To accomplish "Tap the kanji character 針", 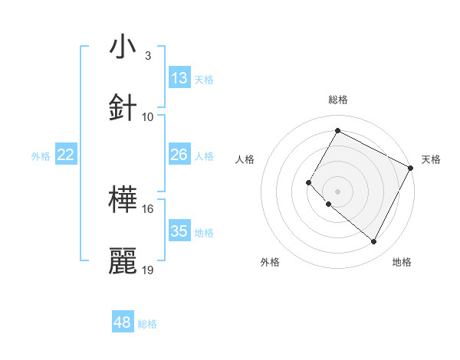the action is point(123,108).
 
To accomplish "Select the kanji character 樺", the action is point(123,200).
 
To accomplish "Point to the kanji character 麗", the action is point(123,261).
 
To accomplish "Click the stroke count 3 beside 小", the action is point(148,56).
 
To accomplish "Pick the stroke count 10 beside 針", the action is point(148,117).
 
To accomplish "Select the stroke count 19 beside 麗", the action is point(148,270).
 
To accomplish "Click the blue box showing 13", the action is point(179,78).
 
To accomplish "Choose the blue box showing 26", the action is point(179,155).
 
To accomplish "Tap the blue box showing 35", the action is point(179,231).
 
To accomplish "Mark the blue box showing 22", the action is point(66,155).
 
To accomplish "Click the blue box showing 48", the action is point(123,322).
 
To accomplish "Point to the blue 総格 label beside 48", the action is point(147,324).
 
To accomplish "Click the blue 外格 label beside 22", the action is point(41,156).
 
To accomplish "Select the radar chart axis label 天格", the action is point(431,159).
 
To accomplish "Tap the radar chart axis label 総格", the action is point(338,100).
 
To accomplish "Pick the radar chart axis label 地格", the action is point(402,262).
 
